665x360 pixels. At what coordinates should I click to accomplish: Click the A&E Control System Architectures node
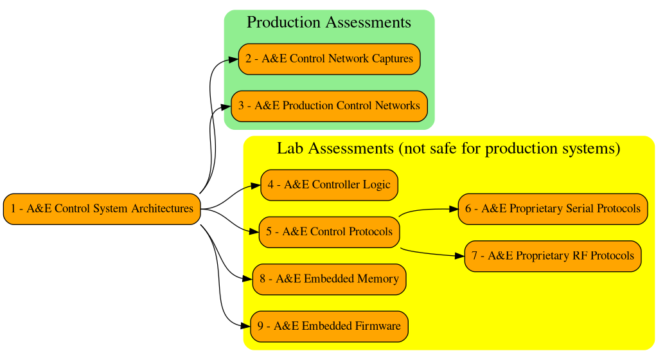point(102,209)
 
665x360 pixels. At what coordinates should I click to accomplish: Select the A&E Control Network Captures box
point(329,59)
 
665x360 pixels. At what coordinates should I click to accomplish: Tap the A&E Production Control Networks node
point(329,106)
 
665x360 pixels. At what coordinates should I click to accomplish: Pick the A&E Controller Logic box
point(329,185)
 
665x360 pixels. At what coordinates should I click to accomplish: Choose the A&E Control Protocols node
point(329,232)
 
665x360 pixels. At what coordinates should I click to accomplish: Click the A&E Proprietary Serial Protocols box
point(553,209)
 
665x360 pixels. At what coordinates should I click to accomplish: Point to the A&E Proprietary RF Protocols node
point(553,256)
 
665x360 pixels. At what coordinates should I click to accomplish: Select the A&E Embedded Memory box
point(329,280)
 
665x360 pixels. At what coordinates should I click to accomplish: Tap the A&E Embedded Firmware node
point(329,327)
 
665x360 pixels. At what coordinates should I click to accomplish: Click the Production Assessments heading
point(329,22)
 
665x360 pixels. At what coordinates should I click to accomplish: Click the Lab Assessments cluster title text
point(448,148)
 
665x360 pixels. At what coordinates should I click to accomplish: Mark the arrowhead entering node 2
point(234,60)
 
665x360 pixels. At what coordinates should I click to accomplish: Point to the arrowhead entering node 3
point(226,107)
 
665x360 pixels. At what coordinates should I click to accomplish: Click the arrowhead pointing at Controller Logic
point(256,186)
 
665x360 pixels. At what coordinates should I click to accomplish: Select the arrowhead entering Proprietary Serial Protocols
point(454,209)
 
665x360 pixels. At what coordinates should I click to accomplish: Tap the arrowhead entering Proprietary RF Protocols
point(460,256)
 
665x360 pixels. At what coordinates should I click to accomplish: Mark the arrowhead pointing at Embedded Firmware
point(245,327)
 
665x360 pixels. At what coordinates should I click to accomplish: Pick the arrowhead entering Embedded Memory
point(247,280)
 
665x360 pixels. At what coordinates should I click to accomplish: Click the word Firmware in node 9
point(378,327)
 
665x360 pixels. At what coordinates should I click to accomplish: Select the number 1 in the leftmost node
point(13,209)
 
